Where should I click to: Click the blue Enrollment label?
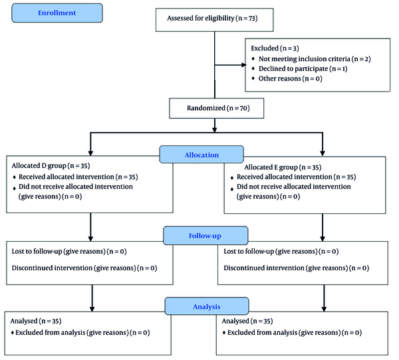(x=57, y=13)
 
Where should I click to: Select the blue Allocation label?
(x=201, y=155)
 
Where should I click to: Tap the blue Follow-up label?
(x=205, y=236)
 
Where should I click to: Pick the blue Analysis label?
(x=207, y=306)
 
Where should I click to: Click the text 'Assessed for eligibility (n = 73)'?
(x=212, y=19)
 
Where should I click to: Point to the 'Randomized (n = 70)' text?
(x=218, y=108)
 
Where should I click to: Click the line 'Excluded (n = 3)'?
(x=275, y=48)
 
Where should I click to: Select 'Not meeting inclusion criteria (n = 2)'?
(x=315, y=58)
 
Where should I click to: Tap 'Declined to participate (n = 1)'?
(x=303, y=68)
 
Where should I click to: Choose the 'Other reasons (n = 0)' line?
(x=291, y=78)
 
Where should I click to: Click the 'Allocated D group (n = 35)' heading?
(x=51, y=166)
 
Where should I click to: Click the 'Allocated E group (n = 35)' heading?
(x=283, y=167)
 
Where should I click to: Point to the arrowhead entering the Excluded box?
(x=243, y=65)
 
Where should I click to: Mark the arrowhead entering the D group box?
(x=90, y=153)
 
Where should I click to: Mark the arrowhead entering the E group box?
(x=323, y=153)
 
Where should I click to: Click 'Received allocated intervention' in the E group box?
(x=285, y=177)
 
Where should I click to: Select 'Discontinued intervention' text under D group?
(x=52, y=268)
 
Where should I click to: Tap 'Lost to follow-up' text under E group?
(x=249, y=252)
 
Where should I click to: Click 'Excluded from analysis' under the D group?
(x=51, y=333)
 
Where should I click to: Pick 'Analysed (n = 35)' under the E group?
(x=247, y=321)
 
